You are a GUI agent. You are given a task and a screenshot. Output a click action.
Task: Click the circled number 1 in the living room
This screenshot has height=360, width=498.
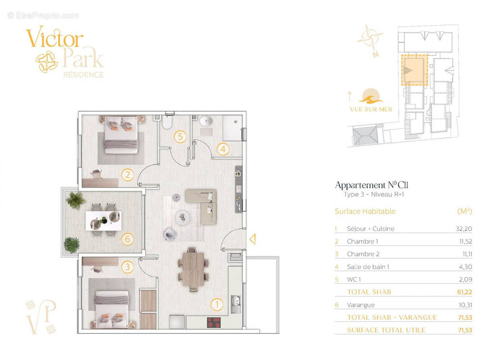pyautogui.click(x=217, y=305)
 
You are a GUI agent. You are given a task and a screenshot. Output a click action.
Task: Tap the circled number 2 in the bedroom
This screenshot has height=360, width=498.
pyautogui.click(x=128, y=175)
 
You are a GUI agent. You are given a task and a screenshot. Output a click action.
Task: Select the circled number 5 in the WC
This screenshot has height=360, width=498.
pyautogui.click(x=180, y=137)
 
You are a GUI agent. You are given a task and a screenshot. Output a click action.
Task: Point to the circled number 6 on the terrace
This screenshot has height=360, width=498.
pyautogui.click(x=128, y=239)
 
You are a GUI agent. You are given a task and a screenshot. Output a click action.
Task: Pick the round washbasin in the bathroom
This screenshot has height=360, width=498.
pyautogui.click(x=206, y=121)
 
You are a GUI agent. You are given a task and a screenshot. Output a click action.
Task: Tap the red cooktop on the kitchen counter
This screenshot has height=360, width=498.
pyautogui.click(x=214, y=323)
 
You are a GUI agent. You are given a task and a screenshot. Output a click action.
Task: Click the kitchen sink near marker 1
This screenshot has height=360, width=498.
pyautogui.click(x=235, y=304)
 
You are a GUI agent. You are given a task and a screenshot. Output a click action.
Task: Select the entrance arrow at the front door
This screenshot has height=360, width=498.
pyautogui.click(x=253, y=239)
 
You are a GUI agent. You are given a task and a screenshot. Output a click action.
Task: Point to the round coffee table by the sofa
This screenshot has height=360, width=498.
pyautogui.click(x=183, y=218)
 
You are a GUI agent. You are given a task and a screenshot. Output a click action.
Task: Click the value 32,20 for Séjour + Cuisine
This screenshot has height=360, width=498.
pyautogui.click(x=464, y=229)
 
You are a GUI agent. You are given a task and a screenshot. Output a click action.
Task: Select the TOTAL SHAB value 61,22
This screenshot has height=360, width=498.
pyautogui.click(x=464, y=292)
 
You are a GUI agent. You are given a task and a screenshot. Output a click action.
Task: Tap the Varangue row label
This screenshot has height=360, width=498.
pyautogui.click(x=361, y=305)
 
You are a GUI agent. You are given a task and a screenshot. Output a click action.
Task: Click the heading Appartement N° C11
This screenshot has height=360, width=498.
pyautogui.click(x=372, y=185)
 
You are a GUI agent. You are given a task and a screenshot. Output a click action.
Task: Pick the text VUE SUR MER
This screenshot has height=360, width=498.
pyautogui.click(x=371, y=109)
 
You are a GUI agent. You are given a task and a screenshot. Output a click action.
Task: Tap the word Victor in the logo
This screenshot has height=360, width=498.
pyautogui.click(x=55, y=38)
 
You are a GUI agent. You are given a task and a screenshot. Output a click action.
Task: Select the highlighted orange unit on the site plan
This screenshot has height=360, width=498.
pyautogui.click(x=415, y=70)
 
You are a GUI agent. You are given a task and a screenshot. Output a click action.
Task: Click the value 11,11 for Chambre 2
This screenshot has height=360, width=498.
pyautogui.click(x=467, y=254)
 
